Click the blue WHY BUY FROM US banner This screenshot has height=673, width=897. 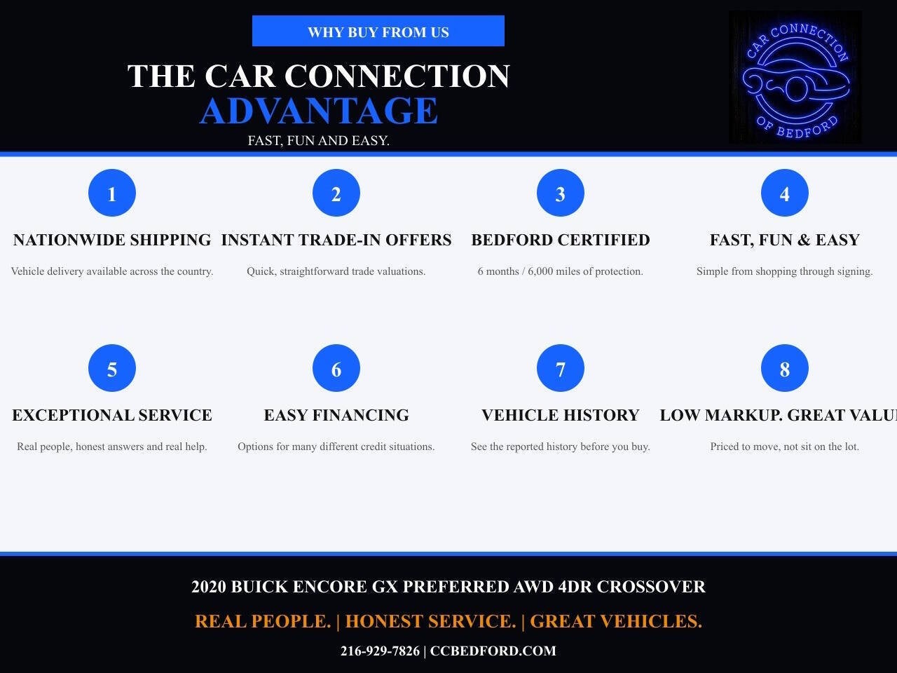click(x=378, y=31)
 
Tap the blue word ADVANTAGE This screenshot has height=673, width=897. click(x=319, y=111)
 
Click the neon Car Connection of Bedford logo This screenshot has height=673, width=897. click(x=795, y=77)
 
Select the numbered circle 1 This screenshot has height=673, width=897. click(x=112, y=193)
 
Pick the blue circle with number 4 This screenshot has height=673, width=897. click(x=785, y=193)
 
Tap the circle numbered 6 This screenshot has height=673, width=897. click(x=336, y=368)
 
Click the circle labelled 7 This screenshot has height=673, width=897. click(x=560, y=368)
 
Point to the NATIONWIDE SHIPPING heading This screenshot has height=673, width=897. click(x=112, y=240)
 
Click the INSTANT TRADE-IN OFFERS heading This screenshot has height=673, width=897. click(x=336, y=240)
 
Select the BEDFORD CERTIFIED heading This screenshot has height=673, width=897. click(x=560, y=240)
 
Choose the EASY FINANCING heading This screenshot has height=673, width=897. click(x=336, y=415)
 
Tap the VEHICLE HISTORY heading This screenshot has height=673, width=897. click(x=560, y=415)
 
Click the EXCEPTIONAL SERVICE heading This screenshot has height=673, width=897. click(x=112, y=415)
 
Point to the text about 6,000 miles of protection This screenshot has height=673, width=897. click(x=560, y=271)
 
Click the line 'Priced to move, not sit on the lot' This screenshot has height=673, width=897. click(x=785, y=447)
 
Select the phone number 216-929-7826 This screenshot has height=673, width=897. click(x=380, y=651)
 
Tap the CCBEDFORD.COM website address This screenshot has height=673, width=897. click(x=493, y=651)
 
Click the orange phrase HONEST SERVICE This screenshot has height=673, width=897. click(x=431, y=621)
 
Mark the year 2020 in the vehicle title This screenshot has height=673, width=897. click(x=208, y=587)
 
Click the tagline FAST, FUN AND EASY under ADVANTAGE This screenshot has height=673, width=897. click(x=318, y=141)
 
